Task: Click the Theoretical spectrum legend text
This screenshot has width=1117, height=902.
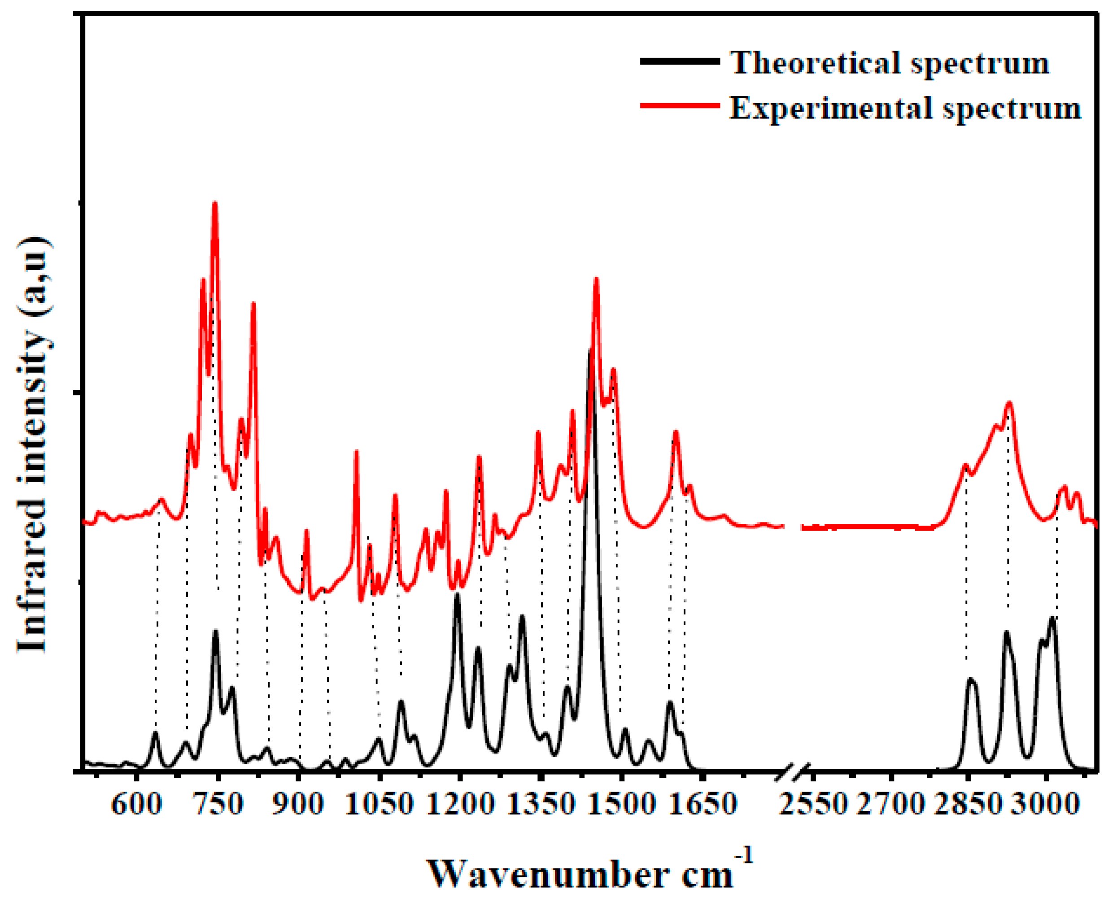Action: tap(890, 63)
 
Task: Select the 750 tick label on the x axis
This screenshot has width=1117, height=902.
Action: tap(218, 805)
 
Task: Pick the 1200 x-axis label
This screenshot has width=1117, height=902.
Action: tap(461, 805)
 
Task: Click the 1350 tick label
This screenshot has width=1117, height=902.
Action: tap(541, 805)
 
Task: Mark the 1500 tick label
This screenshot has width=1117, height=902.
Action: tap(622, 805)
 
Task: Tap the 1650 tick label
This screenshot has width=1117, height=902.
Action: tap(703, 805)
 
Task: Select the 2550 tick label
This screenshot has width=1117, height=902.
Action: tap(814, 805)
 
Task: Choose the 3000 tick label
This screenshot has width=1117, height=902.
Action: tap(1048, 805)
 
